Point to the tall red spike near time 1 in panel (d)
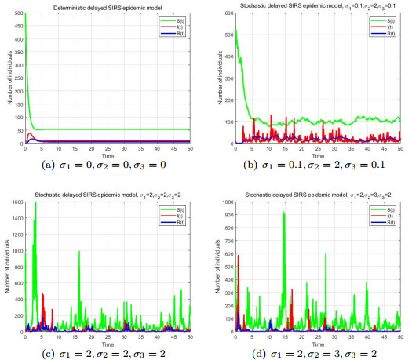click(x=238, y=255)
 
